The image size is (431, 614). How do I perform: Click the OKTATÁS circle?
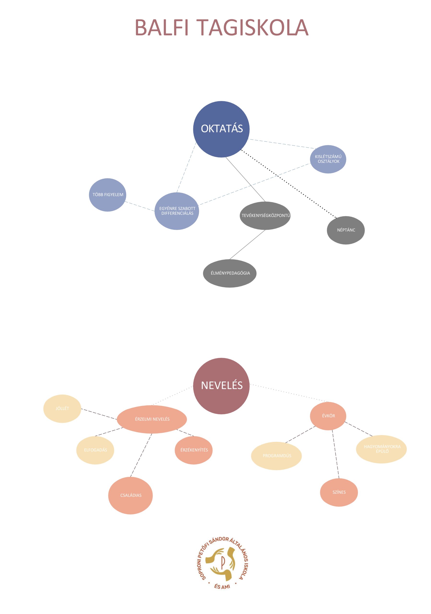pyautogui.click(x=221, y=129)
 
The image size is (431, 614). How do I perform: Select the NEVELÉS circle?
pyautogui.click(x=221, y=386)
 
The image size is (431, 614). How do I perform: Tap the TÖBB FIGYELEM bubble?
pyautogui.click(x=107, y=195)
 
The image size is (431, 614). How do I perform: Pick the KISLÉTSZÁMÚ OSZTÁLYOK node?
pyautogui.click(x=328, y=159)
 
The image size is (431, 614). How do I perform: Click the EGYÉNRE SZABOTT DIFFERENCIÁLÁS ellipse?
pyautogui.click(x=177, y=211)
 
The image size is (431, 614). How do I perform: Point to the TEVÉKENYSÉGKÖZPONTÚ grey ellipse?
pyautogui.click(x=265, y=216)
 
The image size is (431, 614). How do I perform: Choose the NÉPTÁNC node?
pyautogui.click(x=345, y=230)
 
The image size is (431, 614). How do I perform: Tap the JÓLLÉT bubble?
pyautogui.click(x=62, y=408)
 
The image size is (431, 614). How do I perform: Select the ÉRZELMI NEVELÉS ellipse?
pyautogui.click(x=152, y=419)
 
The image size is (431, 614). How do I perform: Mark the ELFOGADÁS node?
pyautogui.click(x=95, y=450)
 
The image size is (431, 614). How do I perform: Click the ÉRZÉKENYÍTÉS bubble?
pyautogui.click(x=194, y=450)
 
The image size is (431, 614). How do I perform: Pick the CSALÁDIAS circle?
pyautogui.click(x=130, y=495)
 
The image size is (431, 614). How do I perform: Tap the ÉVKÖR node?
pyautogui.click(x=328, y=416)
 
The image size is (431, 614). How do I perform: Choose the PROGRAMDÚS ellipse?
pyautogui.click(x=276, y=456)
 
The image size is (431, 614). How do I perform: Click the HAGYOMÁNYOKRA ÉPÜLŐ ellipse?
pyautogui.click(x=381, y=449)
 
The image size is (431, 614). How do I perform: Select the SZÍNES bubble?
pyautogui.click(x=339, y=492)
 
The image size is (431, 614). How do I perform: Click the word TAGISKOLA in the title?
pyautogui.click(x=253, y=27)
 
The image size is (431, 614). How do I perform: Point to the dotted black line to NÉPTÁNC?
pyautogui.click(x=289, y=184)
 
